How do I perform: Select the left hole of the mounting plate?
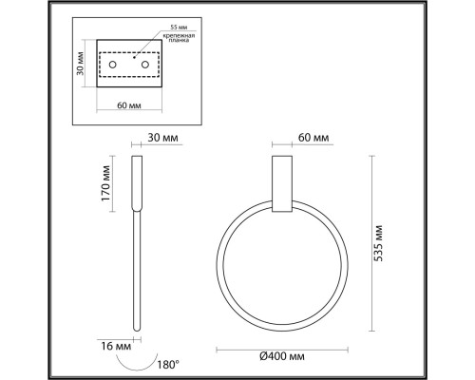click(112, 65)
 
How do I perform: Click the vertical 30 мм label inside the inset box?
click(83, 65)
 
